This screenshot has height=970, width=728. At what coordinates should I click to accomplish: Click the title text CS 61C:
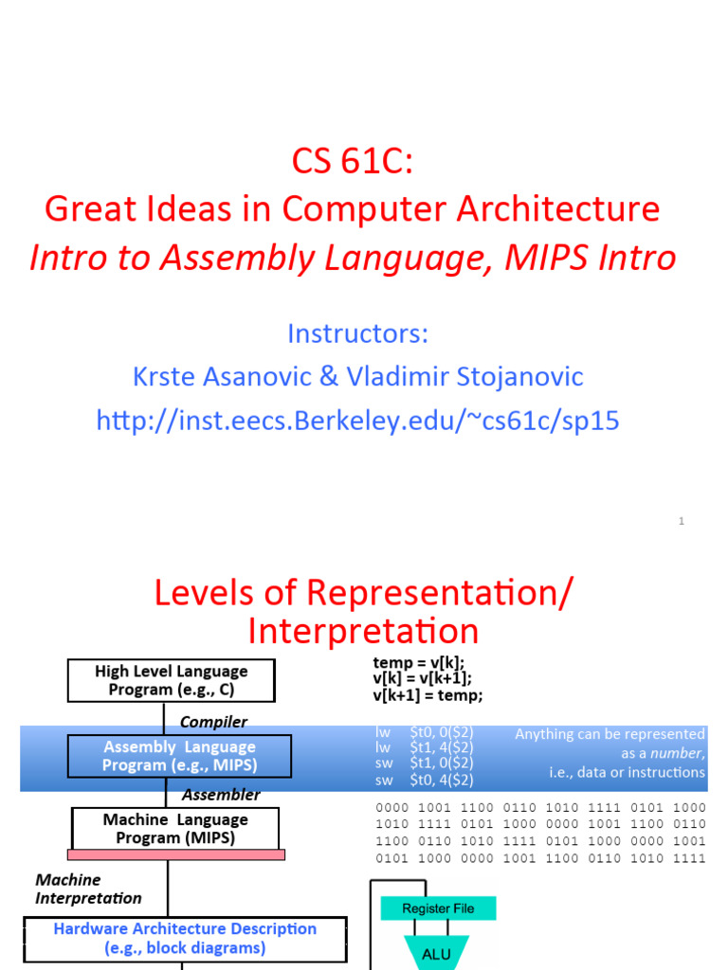coord(352,162)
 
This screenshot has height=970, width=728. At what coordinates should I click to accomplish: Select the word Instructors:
coord(357,333)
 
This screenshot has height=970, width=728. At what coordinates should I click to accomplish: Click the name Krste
coord(172,377)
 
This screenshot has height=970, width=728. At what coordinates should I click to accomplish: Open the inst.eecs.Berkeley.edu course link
coord(357,420)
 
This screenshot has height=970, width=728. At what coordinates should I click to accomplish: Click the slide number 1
coord(681,521)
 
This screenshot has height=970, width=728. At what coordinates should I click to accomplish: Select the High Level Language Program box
coord(172,680)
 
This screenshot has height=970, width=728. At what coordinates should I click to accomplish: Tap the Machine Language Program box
coord(175,828)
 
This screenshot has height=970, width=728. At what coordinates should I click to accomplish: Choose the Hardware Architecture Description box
coord(185,938)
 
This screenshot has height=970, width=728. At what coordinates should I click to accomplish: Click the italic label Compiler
coord(213,722)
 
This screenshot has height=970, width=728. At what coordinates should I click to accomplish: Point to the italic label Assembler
coord(221,795)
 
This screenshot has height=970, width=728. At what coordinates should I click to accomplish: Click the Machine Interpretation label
coord(88,889)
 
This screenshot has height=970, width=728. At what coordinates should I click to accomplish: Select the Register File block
coord(438,908)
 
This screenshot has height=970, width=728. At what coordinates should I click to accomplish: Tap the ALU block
coord(438,955)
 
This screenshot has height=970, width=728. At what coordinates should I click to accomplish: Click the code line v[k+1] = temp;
coord(428,696)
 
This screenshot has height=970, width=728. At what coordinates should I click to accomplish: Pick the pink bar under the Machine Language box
coord(177,854)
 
